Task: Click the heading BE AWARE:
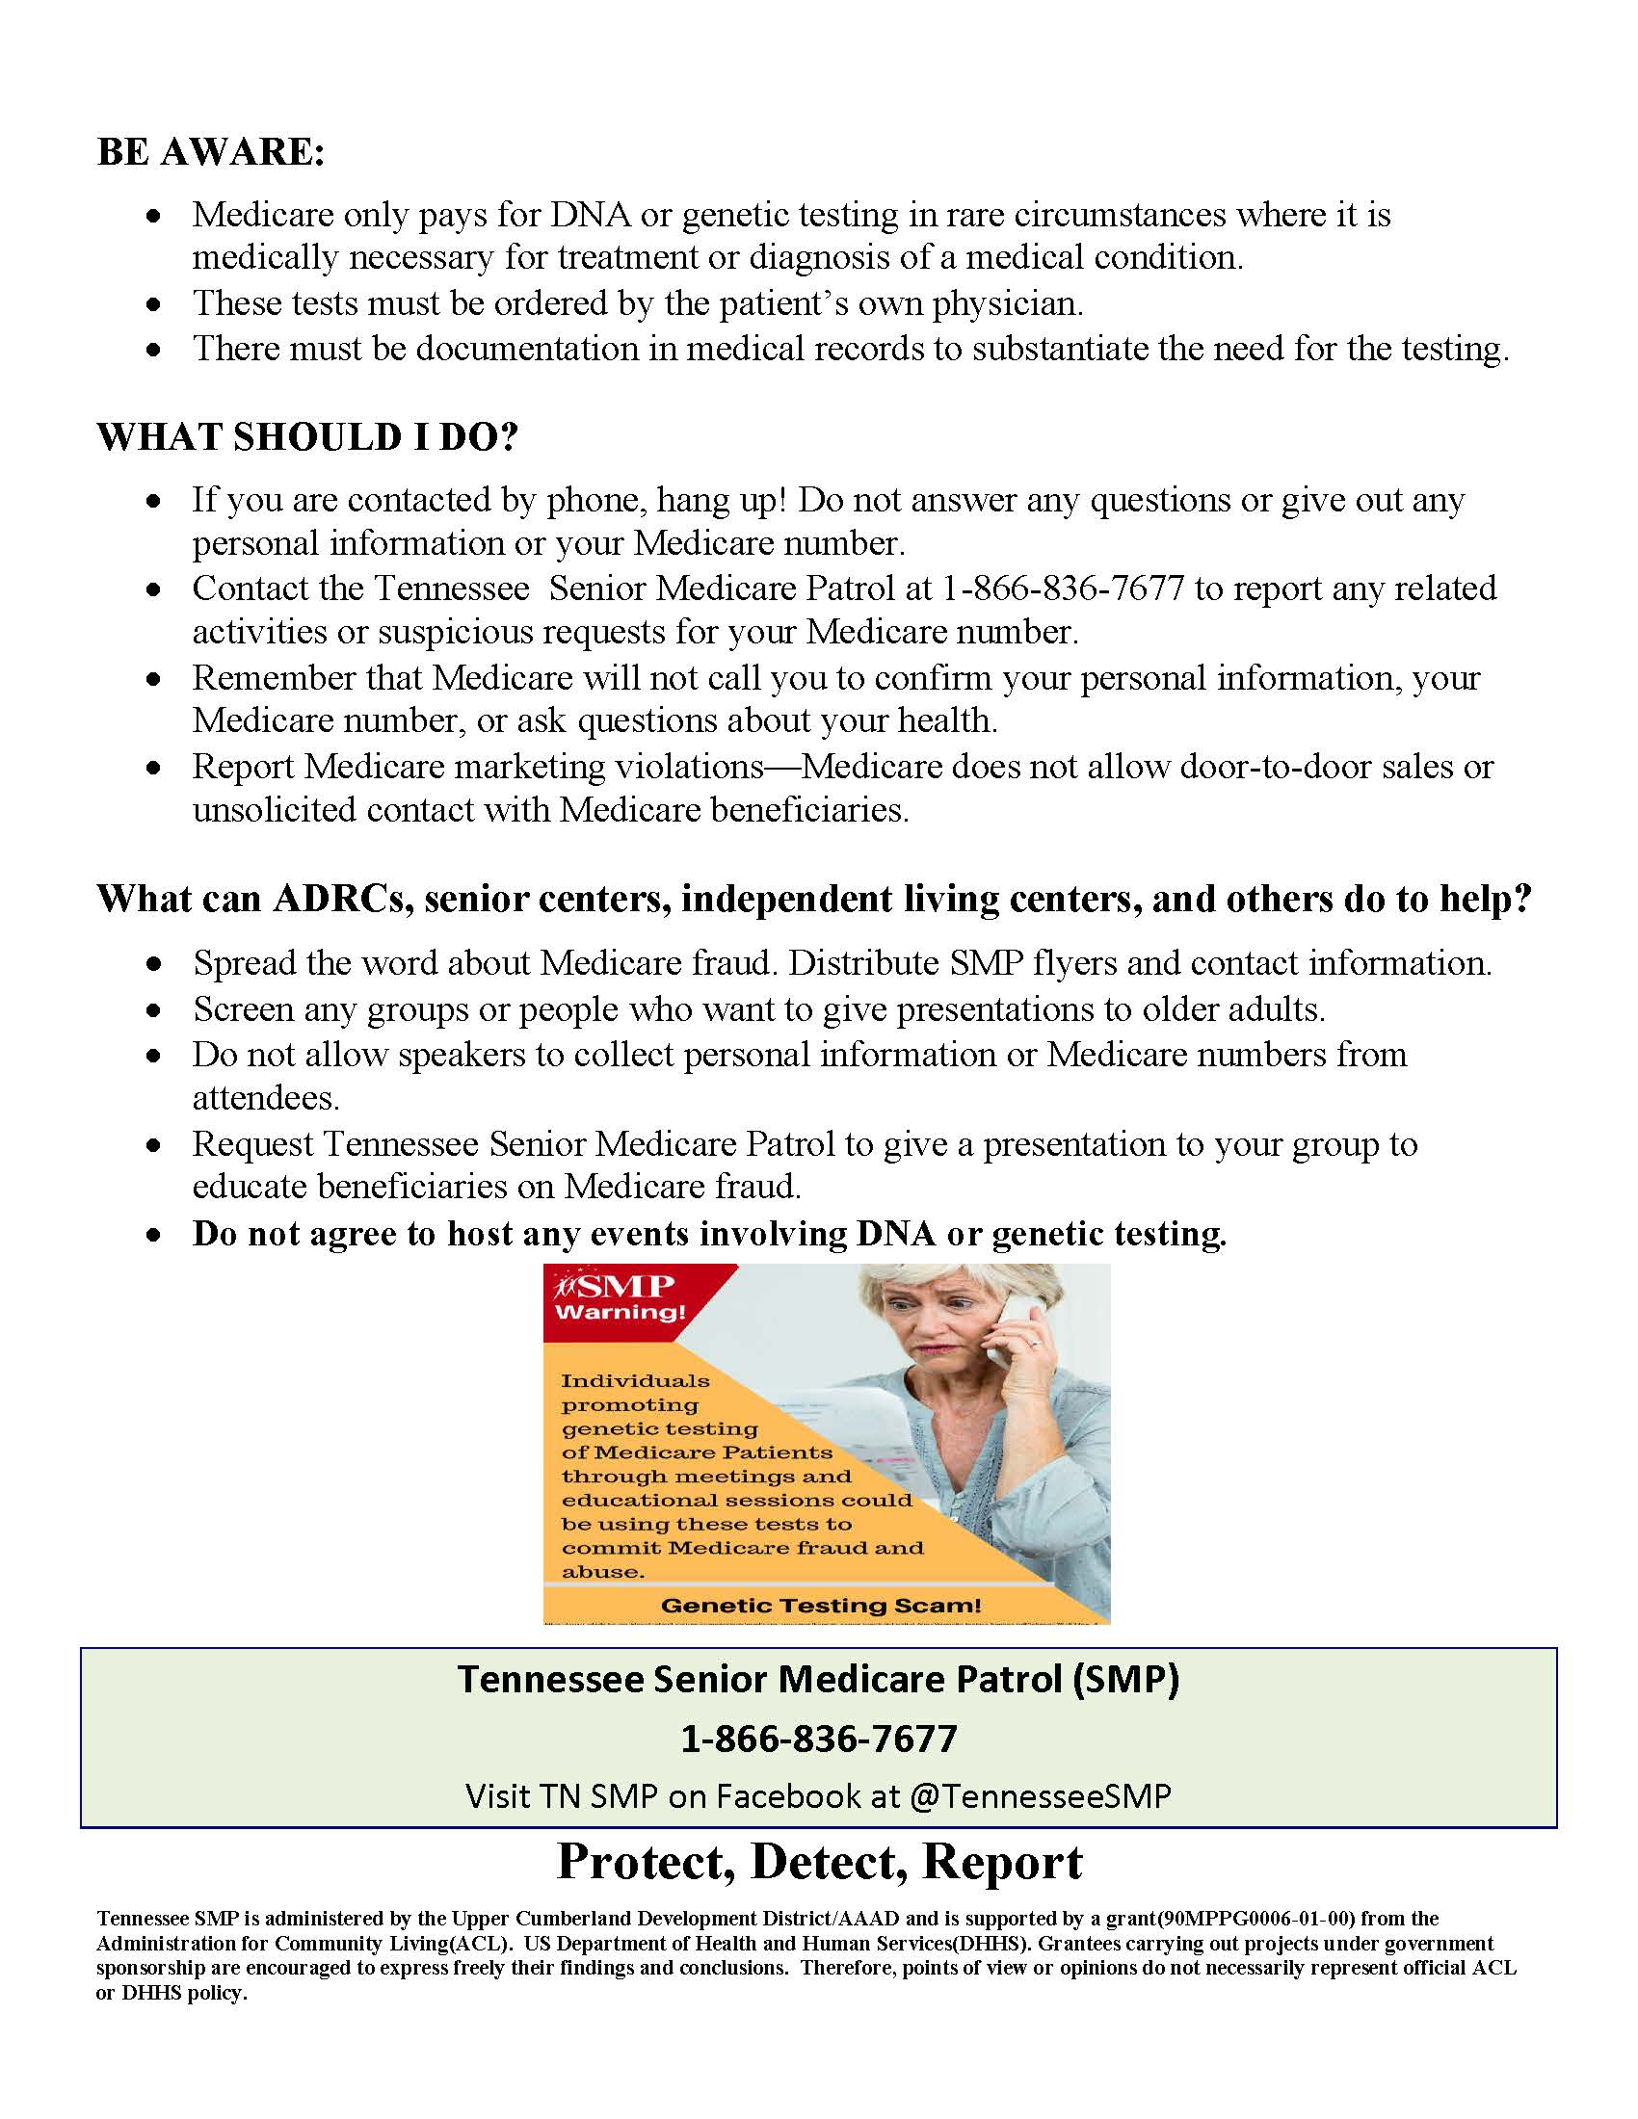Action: (x=211, y=152)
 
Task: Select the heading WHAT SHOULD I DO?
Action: (x=307, y=437)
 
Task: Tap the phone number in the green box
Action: (x=818, y=1738)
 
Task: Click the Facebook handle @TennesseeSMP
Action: (x=1041, y=1795)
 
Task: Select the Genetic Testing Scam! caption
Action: (x=820, y=1606)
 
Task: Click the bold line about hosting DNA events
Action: (x=709, y=1233)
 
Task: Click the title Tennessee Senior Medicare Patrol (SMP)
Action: (x=818, y=1679)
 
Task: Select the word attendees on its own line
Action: (x=266, y=1098)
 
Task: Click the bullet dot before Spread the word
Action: (x=153, y=964)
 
